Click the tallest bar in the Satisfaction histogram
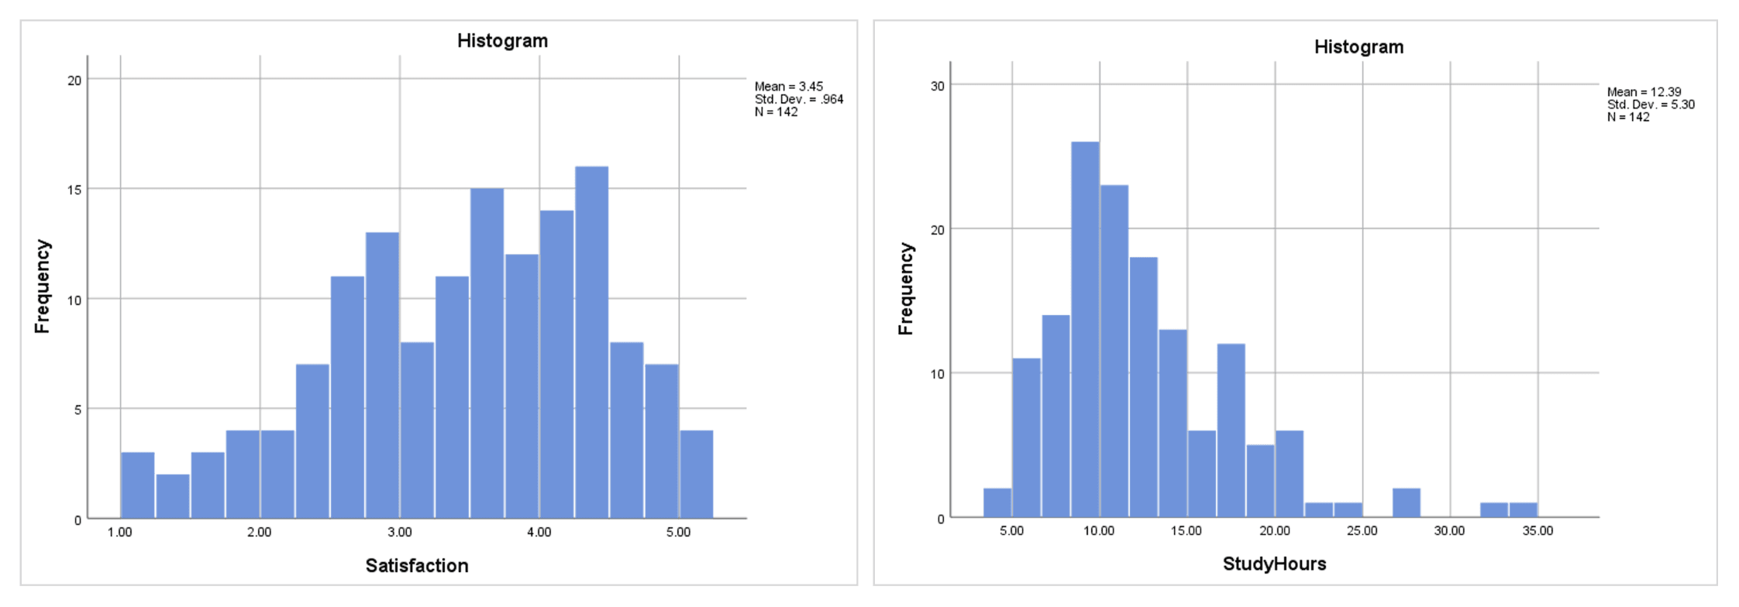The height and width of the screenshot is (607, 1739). tap(591, 341)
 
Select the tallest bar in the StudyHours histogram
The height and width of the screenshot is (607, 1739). tap(1085, 329)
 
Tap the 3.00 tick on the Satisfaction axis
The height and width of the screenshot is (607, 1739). tap(400, 532)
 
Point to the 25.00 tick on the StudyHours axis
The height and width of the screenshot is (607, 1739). tap(1362, 530)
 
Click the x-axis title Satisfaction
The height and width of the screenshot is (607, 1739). tap(417, 566)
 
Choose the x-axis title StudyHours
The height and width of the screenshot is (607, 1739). tap(1274, 564)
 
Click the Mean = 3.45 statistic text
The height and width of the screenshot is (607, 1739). tap(788, 87)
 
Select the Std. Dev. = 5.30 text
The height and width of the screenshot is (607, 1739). tap(1651, 105)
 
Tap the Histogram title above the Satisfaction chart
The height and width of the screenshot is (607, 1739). tap(502, 41)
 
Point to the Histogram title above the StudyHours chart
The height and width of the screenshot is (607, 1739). tap(1358, 47)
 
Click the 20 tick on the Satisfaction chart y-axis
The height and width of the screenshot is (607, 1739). tap(74, 81)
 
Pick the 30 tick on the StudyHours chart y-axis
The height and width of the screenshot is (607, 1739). tap(938, 86)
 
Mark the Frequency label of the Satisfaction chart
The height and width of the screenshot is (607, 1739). tap(43, 286)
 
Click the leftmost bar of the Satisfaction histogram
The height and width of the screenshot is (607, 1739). tap(137, 485)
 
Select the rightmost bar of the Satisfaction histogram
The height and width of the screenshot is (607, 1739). tap(697, 474)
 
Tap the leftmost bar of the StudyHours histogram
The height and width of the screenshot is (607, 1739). tap(997, 502)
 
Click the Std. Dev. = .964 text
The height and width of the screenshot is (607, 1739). tap(798, 99)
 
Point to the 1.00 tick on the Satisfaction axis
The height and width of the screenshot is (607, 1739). tap(120, 532)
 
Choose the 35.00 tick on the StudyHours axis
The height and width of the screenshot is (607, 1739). tap(1538, 530)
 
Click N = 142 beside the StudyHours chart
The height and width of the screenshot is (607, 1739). tap(1628, 117)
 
